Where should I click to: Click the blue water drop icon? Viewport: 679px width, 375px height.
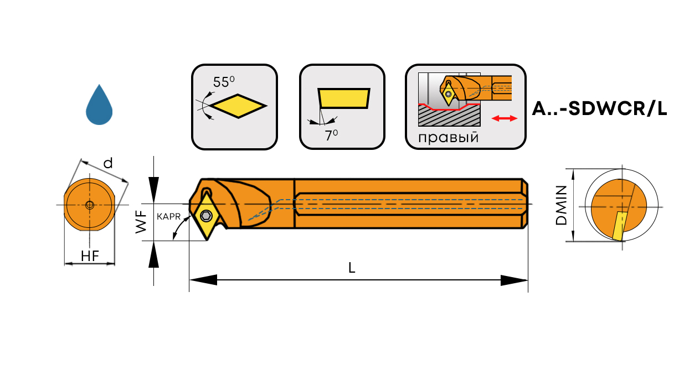click(99, 106)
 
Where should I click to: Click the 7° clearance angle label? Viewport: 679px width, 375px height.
click(331, 134)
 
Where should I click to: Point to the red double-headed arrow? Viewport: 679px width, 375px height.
click(504, 118)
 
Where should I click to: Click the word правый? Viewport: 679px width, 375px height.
click(448, 137)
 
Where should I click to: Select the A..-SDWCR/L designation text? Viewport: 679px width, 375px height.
click(599, 109)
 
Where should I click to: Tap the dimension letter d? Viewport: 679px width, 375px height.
click(109, 163)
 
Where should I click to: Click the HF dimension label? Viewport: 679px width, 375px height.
click(90, 256)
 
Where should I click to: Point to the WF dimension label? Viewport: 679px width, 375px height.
click(142, 221)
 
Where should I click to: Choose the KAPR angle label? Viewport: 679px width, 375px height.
click(168, 217)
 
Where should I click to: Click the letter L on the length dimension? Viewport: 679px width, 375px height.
click(352, 268)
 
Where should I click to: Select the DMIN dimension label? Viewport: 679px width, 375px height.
click(562, 205)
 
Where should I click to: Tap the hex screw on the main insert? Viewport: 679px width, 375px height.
click(206, 215)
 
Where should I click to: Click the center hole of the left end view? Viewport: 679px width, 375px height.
click(90, 205)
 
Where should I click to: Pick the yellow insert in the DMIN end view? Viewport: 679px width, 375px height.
click(619, 226)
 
